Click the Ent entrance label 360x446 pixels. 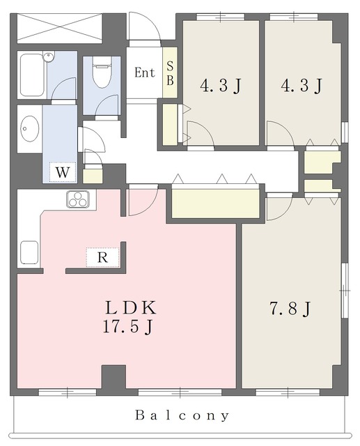(x=145, y=72)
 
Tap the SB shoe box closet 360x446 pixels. (x=170, y=72)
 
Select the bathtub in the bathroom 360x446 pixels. (x=33, y=75)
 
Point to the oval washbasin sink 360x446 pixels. (x=30, y=129)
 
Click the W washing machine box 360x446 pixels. (x=63, y=172)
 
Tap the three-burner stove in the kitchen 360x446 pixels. (x=78, y=199)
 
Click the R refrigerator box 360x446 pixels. (x=102, y=257)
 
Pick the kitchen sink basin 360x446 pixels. (x=29, y=252)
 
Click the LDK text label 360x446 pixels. (x=131, y=308)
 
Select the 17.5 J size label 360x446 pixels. (x=128, y=327)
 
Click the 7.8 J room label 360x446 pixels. (x=289, y=309)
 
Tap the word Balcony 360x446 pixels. (x=182, y=415)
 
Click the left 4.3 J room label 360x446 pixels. (x=221, y=86)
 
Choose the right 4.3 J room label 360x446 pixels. (x=302, y=85)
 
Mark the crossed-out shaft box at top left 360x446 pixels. (x=59, y=28)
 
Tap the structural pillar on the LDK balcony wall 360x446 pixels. (x=114, y=380)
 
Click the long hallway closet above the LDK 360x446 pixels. (x=216, y=203)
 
